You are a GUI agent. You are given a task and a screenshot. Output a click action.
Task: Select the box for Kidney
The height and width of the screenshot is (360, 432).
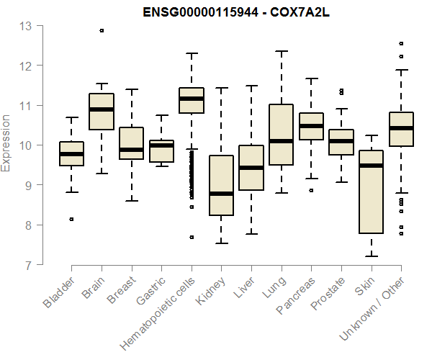coord(221,185)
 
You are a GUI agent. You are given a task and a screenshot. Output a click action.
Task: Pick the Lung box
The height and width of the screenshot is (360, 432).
coord(281,135)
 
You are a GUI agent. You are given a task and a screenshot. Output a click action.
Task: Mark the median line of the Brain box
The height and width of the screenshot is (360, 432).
coord(102,109)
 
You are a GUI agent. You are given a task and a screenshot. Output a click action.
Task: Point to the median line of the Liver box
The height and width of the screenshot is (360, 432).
coord(251,168)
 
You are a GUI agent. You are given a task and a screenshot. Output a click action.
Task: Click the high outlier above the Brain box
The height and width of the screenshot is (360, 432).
coord(102,30)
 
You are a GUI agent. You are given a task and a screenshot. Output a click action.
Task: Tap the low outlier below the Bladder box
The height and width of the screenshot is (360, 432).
coord(71,219)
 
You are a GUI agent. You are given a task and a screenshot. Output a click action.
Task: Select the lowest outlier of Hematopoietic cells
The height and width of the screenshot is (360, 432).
coord(192,237)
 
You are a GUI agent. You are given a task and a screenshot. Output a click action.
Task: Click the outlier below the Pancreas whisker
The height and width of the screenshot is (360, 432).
coord(311,191)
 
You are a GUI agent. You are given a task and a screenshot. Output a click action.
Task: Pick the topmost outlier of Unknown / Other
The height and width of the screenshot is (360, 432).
coord(401,43)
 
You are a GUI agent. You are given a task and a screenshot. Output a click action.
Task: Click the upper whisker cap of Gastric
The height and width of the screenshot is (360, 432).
coord(161,115)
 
